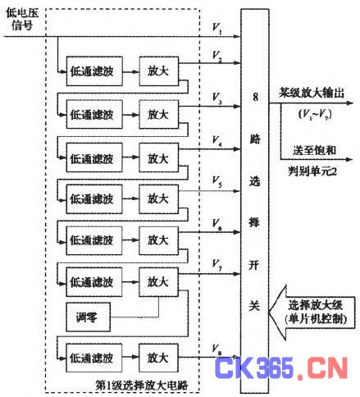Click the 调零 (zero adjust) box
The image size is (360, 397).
[89, 317]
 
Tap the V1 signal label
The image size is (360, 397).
[217, 29]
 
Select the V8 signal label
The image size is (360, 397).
[217, 349]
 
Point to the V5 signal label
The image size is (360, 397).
[217, 182]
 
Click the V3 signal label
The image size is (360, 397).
[217, 98]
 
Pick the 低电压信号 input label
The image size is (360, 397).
[22, 19]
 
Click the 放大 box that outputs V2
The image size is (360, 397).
[159, 71]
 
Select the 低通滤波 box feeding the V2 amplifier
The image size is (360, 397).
[94, 71]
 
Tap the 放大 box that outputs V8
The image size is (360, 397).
[158, 358]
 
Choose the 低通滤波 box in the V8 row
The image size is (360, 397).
[94, 358]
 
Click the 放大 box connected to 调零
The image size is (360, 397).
[158, 282]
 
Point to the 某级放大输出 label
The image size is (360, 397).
[312, 93]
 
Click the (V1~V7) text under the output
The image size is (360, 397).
[315, 114]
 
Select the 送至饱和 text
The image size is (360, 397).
[314, 150]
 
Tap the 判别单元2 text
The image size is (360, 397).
[312, 171]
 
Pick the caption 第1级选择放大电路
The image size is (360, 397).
[142, 385]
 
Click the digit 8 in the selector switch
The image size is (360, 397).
[255, 97]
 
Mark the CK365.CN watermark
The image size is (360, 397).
[281, 367]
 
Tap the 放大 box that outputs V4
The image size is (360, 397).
[159, 157]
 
